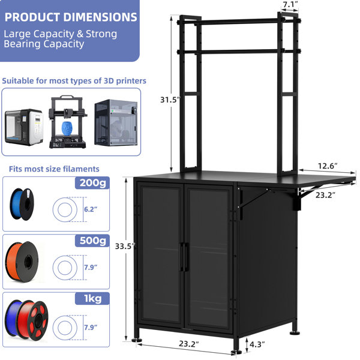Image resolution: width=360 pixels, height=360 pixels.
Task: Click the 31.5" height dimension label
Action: coord(170,100)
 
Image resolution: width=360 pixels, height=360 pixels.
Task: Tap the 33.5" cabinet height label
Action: coord(125,247)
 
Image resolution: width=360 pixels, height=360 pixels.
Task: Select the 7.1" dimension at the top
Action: coord(290,4)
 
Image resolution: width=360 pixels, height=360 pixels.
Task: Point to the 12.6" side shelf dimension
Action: coord(328,166)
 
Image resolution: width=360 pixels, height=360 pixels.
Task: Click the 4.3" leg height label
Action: coord(257,344)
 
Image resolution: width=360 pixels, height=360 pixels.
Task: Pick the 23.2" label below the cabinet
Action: coord(189,344)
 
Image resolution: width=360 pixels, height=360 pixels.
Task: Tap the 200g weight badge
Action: coord(92,183)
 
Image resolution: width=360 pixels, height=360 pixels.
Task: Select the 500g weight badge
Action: coord(92,241)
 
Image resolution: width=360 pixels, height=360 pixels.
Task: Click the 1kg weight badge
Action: coord(92,299)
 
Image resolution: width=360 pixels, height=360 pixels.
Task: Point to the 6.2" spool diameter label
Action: coord(91,209)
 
